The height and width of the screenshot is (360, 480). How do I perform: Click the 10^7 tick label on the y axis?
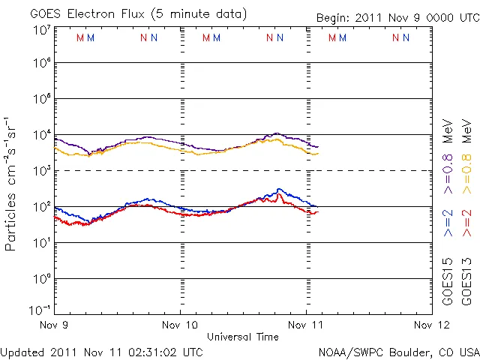41,29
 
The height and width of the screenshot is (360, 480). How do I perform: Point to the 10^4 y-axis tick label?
41,135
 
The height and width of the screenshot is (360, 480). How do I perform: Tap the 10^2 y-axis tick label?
41,207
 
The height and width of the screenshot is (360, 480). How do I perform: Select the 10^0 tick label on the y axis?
41,279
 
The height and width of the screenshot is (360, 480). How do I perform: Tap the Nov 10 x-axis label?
181,325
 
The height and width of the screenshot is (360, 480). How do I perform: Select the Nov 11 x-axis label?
307,325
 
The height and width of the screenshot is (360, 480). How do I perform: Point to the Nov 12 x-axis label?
432,325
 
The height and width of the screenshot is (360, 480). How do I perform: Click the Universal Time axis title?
243,337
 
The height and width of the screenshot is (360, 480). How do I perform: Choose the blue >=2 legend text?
448,223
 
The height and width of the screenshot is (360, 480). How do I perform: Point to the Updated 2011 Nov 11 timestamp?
101,352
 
